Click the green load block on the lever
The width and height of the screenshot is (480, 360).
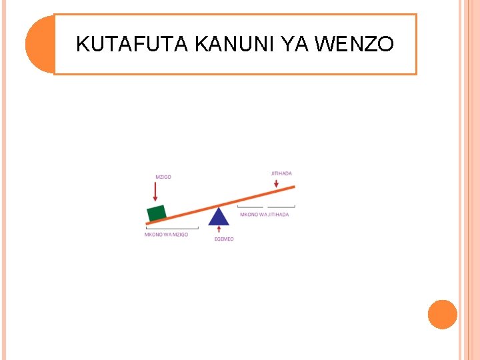click(x=157, y=213)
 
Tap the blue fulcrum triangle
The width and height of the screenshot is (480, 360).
click(x=218, y=217)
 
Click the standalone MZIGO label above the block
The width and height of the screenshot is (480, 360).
click(x=163, y=177)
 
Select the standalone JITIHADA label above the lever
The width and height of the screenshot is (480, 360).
click(x=281, y=173)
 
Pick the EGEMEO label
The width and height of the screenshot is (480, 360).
click(x=224, y=239)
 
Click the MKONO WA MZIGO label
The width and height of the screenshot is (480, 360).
click(x=167, y=235)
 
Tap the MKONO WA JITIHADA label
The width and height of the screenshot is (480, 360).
click(x=265, y=215)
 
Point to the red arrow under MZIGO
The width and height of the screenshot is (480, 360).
click(x=155, y=191)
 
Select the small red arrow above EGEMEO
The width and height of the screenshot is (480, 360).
click(x=219, y=230)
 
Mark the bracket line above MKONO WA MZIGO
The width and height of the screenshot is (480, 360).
click(x=171, y=229)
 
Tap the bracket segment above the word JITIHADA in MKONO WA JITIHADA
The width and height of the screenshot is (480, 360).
click(x=281, y=207)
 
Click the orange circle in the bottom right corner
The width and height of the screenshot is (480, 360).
click(x=442, y=314)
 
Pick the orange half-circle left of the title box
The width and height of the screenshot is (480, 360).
click(x=39, y=44)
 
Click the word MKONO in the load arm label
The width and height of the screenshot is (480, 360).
click(x=153, y=235)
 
